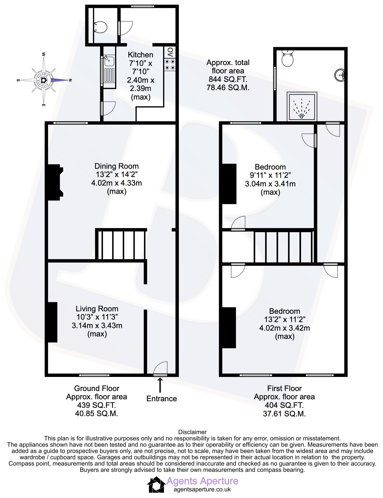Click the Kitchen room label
click(140, 55)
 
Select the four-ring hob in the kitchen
click(170, 65)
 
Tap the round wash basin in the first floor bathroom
click(340, 75)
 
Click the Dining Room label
click(116, 166)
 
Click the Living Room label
click(97, 309)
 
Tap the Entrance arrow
click(160, 385)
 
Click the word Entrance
click(161, 398)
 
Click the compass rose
click(44, 80)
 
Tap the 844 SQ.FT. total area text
click(228, 79)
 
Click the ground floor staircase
click(121, 244)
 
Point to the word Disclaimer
click(192, 432)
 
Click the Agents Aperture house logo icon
click(156, 485)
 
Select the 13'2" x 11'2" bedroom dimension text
click(284, 319)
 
